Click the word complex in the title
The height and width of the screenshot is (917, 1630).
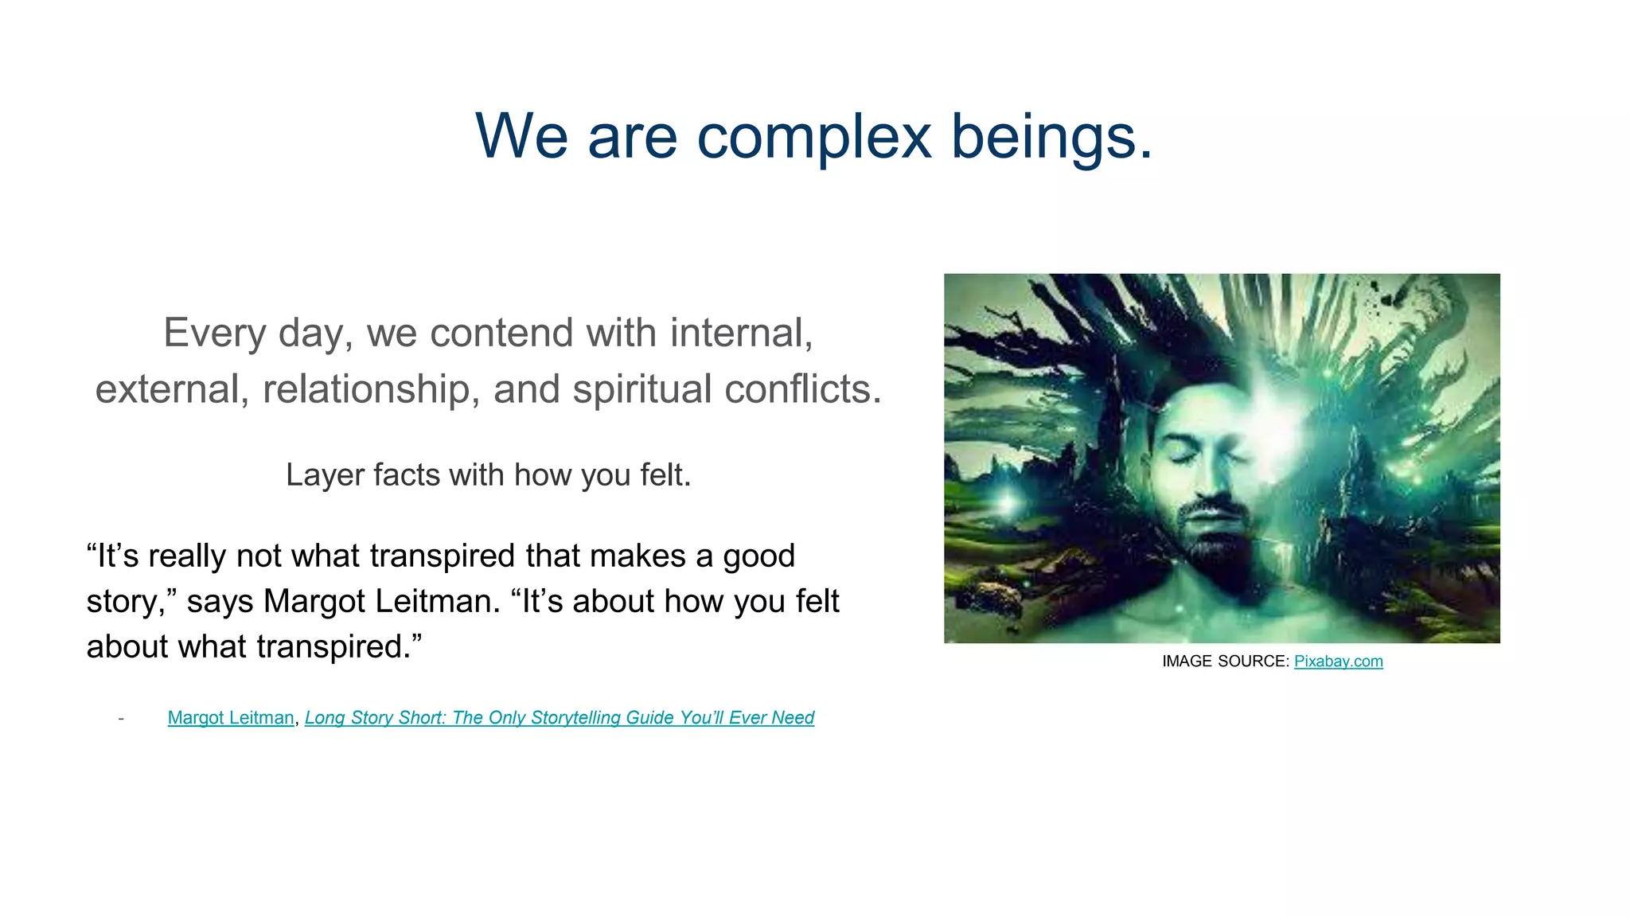tap(813, 137)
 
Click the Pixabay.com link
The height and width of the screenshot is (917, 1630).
tap(1338, 661)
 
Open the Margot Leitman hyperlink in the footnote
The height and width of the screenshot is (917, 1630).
tap(231, 717)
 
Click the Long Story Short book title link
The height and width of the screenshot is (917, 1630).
tap(559, 717)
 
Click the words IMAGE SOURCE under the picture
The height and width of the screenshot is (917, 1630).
tap(1224, 661)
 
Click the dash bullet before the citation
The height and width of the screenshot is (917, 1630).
tap(121, 718)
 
